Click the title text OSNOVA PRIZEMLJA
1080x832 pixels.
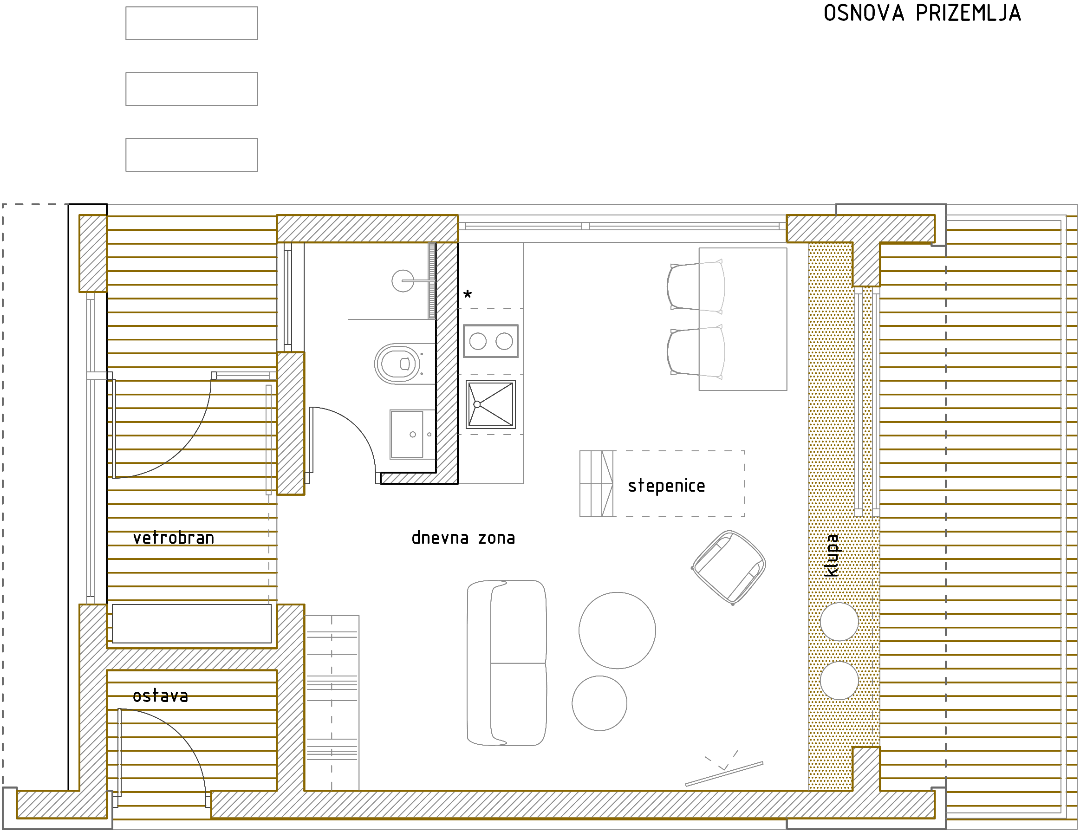(922, 13)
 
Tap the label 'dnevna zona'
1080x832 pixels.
(463, 537)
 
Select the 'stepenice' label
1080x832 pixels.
(666, 486)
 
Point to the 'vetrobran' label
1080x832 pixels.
(174, 537)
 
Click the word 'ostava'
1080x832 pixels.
(160, 696)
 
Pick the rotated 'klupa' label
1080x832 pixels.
(832, 555)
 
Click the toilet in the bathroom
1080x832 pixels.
(398, 364)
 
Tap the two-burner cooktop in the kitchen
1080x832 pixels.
(490, 341)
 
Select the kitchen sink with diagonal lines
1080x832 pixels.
(490, 404)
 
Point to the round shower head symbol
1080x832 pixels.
(403, 281)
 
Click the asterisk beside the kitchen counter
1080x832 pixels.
(467, 295)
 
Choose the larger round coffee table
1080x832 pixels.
(617, 630)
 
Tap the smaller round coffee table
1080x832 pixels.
(599, 703)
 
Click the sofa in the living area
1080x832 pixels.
(507, 663)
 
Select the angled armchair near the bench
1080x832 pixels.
(729, 567)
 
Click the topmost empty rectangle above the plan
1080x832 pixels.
(192, 23)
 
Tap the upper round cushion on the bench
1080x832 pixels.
(839, 621)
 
